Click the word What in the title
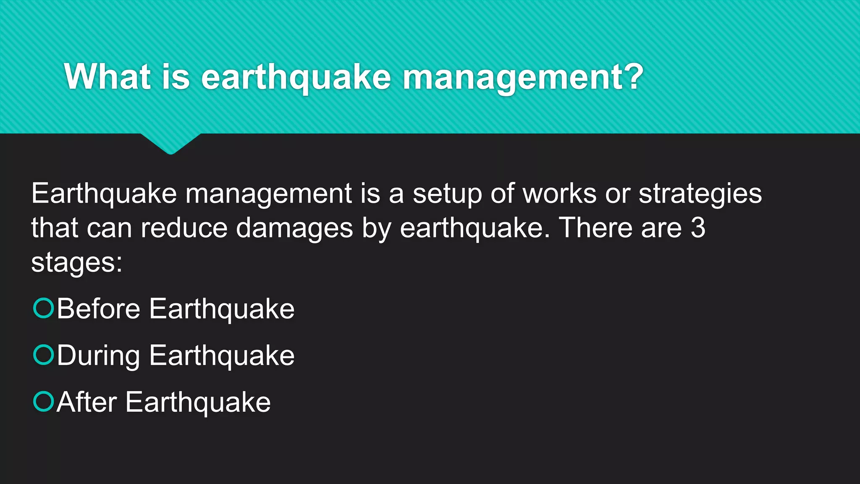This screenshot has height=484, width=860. (107, 77)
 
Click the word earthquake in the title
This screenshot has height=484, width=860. (296, 79)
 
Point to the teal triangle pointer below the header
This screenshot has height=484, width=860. (170, 143)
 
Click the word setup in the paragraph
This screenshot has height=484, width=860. (447, 194)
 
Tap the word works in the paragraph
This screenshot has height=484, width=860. (559, 194)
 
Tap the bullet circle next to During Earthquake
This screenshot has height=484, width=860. (44, 355)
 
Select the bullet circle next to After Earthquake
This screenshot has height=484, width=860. (44, 401)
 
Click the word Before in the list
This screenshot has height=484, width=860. (98, 309)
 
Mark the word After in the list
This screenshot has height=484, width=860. (87, 402)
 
